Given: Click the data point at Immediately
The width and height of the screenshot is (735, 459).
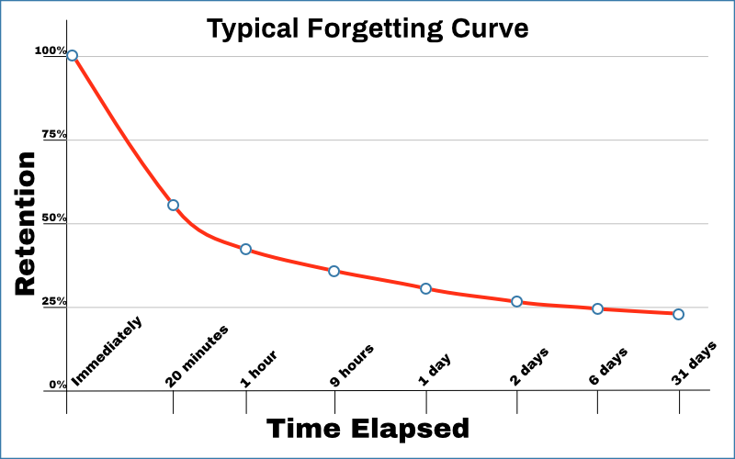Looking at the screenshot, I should pyautogui.click(x=72, y=55).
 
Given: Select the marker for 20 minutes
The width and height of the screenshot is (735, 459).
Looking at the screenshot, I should pyautogui.click(x=173, y=205).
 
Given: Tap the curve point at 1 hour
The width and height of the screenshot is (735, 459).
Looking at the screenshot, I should pyautogui.click(x=245, y=249).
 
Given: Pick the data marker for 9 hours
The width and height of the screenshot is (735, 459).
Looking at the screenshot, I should pyautogui.click(x=334, y=271).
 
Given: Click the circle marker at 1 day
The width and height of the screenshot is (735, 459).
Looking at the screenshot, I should pyautogui.click(x=425, y=288).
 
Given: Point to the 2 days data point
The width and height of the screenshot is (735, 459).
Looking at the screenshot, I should pyautogui.click(x=516, y=301).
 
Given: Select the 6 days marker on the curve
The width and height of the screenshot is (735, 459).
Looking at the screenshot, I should pyautogui.click(x=597, y=308).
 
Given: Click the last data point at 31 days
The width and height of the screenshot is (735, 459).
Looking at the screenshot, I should pyautogui.click(x=678, y=314).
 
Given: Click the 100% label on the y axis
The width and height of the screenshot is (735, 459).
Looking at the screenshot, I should pyautogui.click(x=51, y=50).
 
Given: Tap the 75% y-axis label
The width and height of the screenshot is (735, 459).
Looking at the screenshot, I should pyautogui.click(x=53, y=134).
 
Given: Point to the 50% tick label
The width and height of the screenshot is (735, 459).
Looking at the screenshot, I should pyautogui.click(x=53, y=218).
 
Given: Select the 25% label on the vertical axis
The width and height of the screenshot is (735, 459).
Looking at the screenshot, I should pyautogui.click(x=53, y=301).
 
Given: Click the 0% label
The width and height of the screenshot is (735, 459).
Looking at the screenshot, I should pyautogui.click(x=57, y=385).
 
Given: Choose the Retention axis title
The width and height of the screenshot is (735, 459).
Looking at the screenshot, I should pyautogui.click(x=26, y=223).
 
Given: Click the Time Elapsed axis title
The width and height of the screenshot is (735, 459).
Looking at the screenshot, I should pyautogui.click(x=367, y=428).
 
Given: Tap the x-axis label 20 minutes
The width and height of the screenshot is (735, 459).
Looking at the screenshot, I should pyautogui.click(x=198, y=355).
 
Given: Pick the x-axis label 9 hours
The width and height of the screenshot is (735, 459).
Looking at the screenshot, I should pyautogui.click(x=352, y=364).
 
